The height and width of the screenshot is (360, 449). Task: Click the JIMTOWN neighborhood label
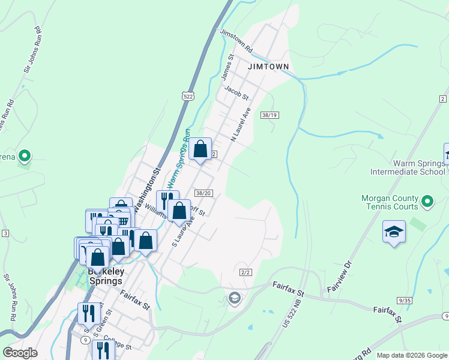pos(268,67)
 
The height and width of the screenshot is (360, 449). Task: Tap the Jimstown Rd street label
pos(237,41)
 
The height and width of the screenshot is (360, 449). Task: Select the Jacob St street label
pos(236,92)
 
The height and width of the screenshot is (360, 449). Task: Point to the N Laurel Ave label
pos(240,125)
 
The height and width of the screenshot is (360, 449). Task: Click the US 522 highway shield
pos(187,96)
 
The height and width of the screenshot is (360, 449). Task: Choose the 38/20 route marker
pos(203,193)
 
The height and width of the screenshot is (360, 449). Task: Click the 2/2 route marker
pos(245,272)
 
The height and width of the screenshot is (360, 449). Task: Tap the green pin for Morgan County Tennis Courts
pos(427,201)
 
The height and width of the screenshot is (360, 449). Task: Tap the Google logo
pos(20,353)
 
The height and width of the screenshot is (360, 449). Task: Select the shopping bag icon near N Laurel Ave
pos(200,149)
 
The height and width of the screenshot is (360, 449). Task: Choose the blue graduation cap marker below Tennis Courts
pos(394,232)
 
